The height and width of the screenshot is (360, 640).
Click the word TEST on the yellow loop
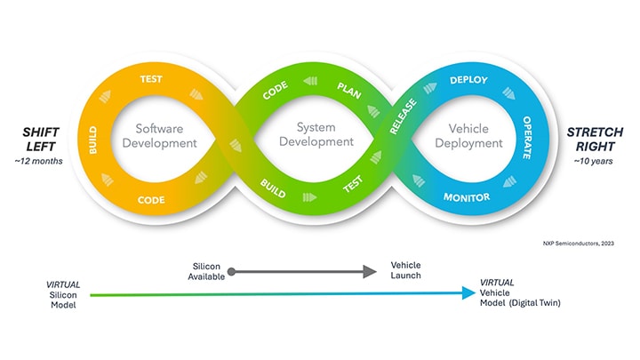click(x=150, y=79)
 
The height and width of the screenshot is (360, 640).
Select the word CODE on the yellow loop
click(x=150, y=199)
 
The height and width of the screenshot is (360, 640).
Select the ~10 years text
click(x=593, y=161)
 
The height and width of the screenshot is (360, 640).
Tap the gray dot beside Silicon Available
click(x=230, y=271)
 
